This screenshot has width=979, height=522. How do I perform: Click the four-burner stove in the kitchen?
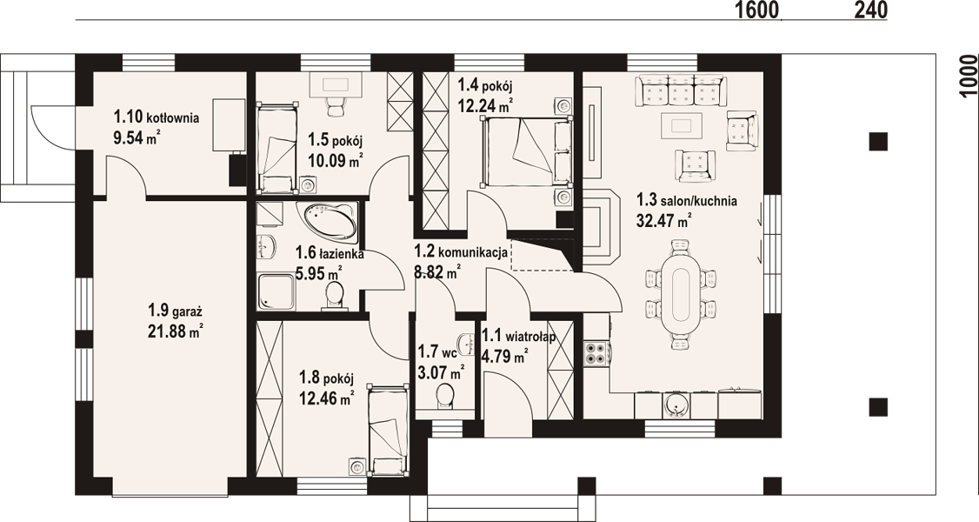pyautogui.click(x=596, y=352)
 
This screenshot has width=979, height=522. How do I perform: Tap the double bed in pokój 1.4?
pyautogui.click(x=526, y=151)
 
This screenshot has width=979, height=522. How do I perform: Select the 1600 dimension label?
pyautogui.click(x=757, y=10)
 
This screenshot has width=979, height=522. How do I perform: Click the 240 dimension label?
pyautogui.click(x=867, y=10)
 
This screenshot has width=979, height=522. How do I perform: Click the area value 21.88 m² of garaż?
pyautogui.click(x=174, y=331)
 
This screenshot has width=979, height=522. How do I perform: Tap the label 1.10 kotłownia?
pyautogui.click(x=157, y=116)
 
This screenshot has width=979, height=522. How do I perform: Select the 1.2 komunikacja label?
pyautogui.click(x=460, y=251)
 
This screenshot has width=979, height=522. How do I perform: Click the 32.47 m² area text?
pyautogui.click(x=663, y=220)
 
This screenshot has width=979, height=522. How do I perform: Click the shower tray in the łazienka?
pyautogui.click(x=276, y=291)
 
